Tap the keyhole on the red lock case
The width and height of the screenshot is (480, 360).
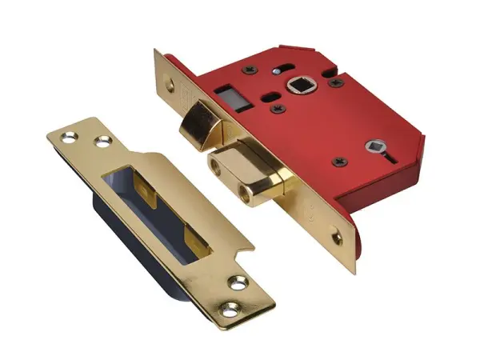tap(374, 148)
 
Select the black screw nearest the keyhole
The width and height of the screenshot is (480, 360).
tap(342, 163)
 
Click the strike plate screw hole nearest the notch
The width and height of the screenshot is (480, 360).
tap(238, 282)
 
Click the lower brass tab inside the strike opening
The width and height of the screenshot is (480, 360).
tap(197, 238)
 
